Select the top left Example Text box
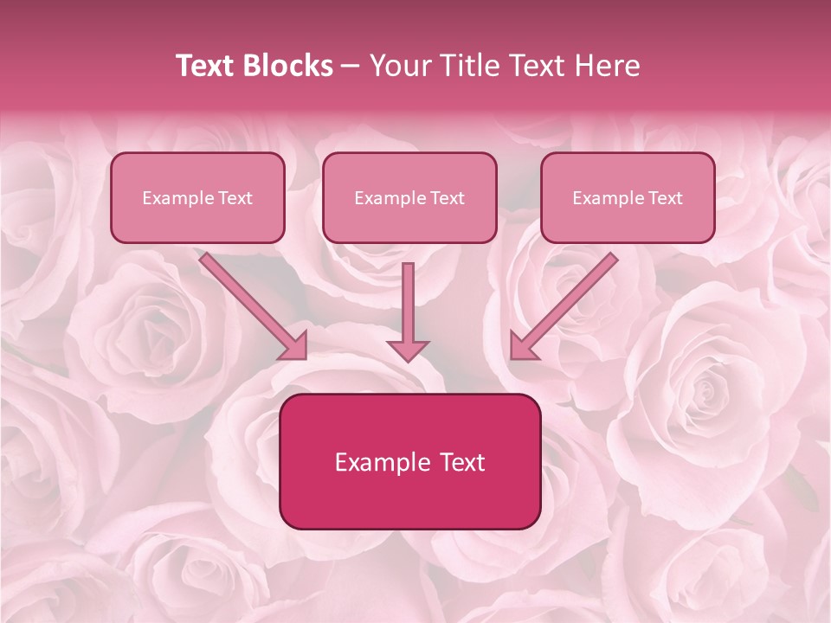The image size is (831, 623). (x=197, y=197)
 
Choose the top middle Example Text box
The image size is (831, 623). (x=409, y=197)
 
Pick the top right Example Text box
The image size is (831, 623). (x=628, y=197)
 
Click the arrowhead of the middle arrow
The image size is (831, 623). (x=408, y=350)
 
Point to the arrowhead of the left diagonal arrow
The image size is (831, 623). (x=295, y=346)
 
